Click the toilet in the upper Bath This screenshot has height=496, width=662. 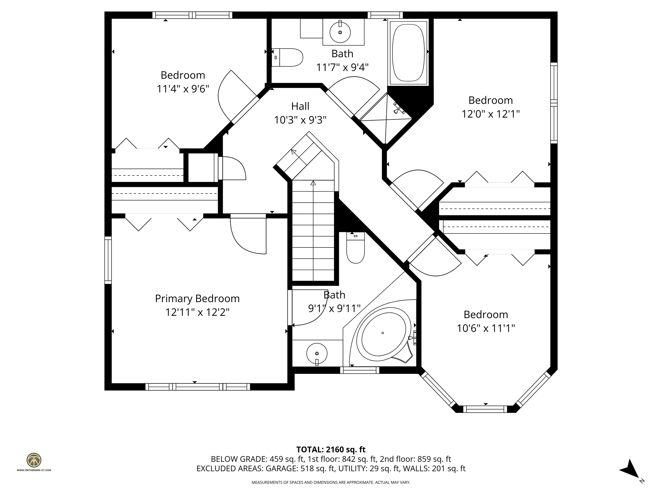[288, 57]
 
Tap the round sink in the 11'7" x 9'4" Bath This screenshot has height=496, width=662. [340, 32]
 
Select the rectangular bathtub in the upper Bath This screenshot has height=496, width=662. [408, 53]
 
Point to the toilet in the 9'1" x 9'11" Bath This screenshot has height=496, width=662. [356, 248]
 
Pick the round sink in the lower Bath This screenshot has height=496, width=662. [317, 353]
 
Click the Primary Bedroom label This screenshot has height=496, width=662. [197, 298]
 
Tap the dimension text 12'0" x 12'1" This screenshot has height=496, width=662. [490, 114]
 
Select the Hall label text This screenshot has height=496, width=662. [300, 106]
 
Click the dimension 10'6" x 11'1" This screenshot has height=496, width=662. [486, 328]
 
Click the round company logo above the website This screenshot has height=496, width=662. [34, 460]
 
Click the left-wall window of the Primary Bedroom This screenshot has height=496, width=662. [108, 260]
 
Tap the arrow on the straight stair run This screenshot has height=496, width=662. [313, 183]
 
